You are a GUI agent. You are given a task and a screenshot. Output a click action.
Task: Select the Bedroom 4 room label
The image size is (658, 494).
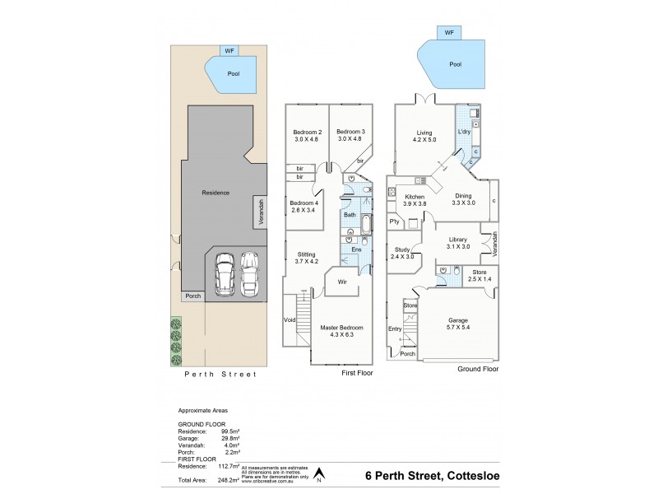pos(304,203)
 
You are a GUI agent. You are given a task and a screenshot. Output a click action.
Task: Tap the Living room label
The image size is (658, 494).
pos(424,132)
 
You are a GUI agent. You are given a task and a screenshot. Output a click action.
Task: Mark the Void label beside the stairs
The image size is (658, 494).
pos(290,320)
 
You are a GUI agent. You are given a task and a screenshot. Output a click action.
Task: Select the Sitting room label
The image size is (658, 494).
pos(306,255)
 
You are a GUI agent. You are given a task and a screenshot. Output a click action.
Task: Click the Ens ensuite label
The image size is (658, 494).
pos(356,249)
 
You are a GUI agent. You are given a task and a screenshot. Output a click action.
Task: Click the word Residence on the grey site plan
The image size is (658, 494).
pos(215,193)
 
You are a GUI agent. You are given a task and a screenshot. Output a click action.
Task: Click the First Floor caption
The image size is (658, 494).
pos(358,373)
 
